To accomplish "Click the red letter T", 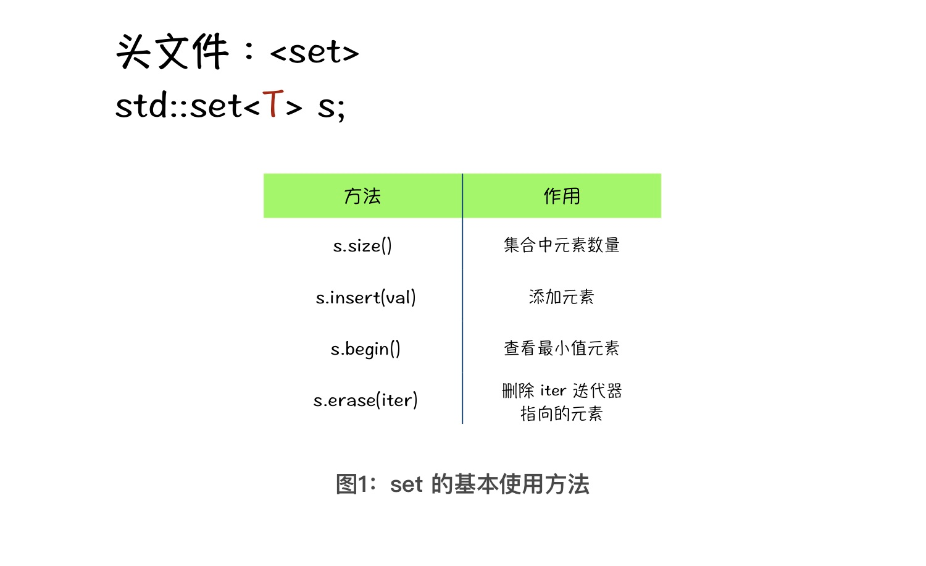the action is point(273,103).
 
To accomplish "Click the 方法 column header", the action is point(362,196).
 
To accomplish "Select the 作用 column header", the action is point(562,196).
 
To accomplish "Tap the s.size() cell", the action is point(362,246).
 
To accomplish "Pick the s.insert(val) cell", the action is point(366,297).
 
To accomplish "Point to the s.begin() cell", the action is point(365,348).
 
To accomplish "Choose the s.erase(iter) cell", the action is point(365,400).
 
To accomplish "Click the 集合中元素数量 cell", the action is point(562,245).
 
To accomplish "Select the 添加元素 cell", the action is point(561,297).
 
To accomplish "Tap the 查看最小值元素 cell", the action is point(562,348).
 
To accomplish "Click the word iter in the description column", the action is point(553,391).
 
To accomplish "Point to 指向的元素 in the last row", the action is point(561,413).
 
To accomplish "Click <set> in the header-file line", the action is point(315,53).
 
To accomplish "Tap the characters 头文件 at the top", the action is point(172,51).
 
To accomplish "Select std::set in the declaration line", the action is point(178,105).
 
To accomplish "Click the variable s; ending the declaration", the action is point(331,108).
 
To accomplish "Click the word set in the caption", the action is point(406,484).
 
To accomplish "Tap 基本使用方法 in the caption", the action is point(522,484).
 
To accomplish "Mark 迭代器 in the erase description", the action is point(598,391).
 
